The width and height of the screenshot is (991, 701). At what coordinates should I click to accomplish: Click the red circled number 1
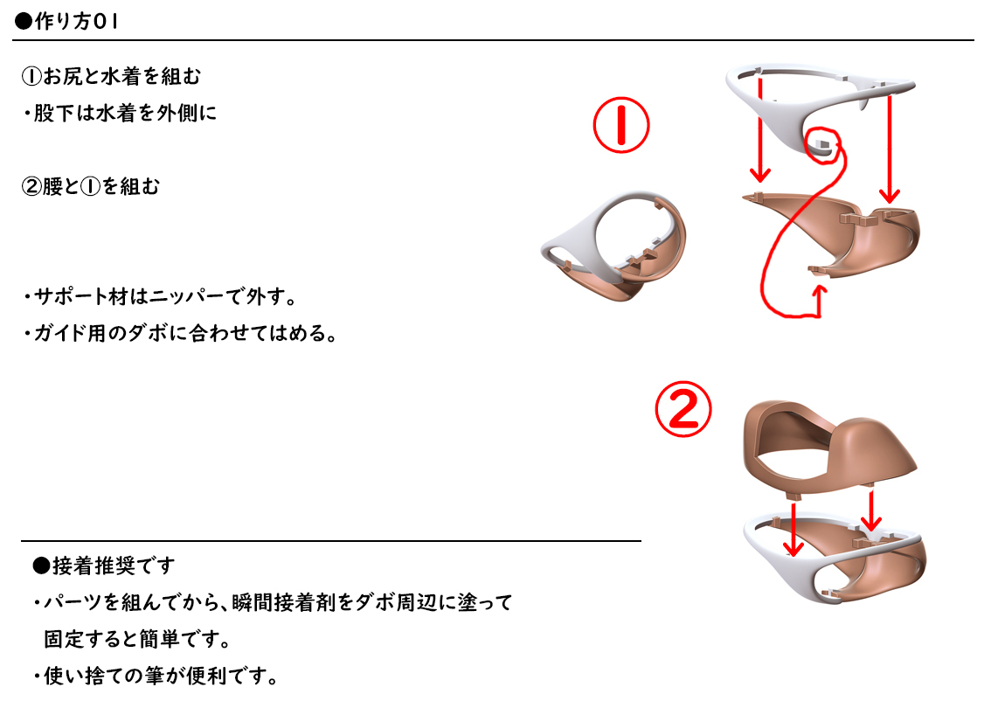620,126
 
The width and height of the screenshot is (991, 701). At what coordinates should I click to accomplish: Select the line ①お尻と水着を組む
111,77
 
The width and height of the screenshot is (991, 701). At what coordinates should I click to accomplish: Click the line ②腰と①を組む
91,186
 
